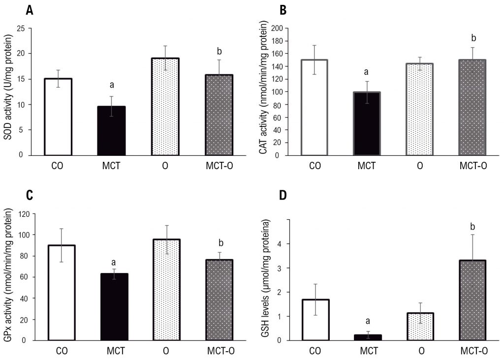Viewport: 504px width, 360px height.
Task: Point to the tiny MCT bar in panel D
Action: [368, 337]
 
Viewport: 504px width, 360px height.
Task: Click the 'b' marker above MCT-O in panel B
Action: [473, 37]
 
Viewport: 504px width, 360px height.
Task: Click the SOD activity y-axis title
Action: [8, 91]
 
